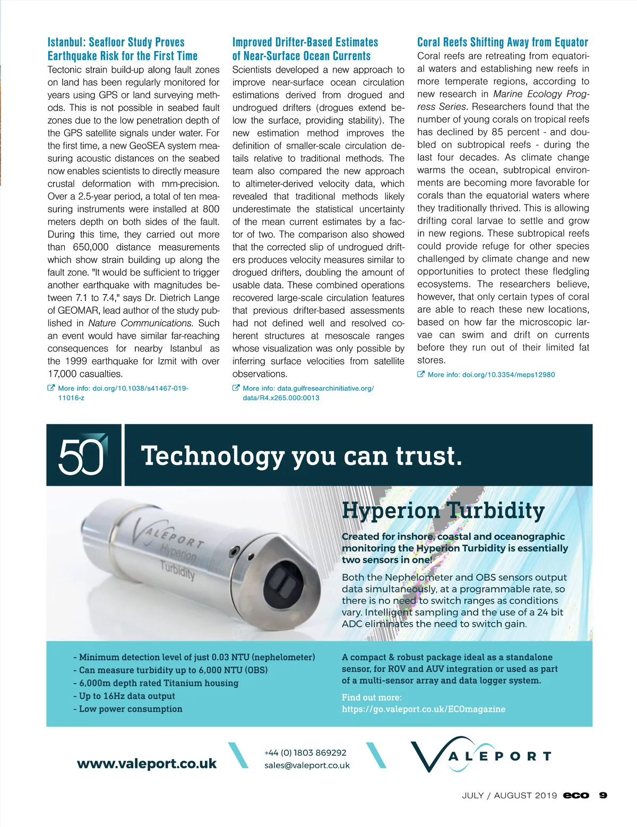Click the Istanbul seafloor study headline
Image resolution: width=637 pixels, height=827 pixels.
123,49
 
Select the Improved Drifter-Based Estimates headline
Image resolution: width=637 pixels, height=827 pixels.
305,49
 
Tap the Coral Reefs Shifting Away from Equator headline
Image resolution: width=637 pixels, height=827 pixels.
503,42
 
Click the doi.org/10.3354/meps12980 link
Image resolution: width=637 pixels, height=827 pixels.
491,374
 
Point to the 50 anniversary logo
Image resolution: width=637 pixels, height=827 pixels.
82,455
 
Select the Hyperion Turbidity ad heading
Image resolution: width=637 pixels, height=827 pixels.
443,510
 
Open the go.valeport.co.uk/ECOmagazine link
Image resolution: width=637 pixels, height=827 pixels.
424,709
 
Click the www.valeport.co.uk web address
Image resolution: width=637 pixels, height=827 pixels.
147,763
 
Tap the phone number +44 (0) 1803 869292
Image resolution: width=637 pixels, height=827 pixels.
305,753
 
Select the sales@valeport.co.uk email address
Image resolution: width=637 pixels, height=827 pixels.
307,765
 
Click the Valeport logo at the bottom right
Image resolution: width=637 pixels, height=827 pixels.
480,755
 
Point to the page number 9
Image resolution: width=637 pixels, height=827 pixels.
603,795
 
